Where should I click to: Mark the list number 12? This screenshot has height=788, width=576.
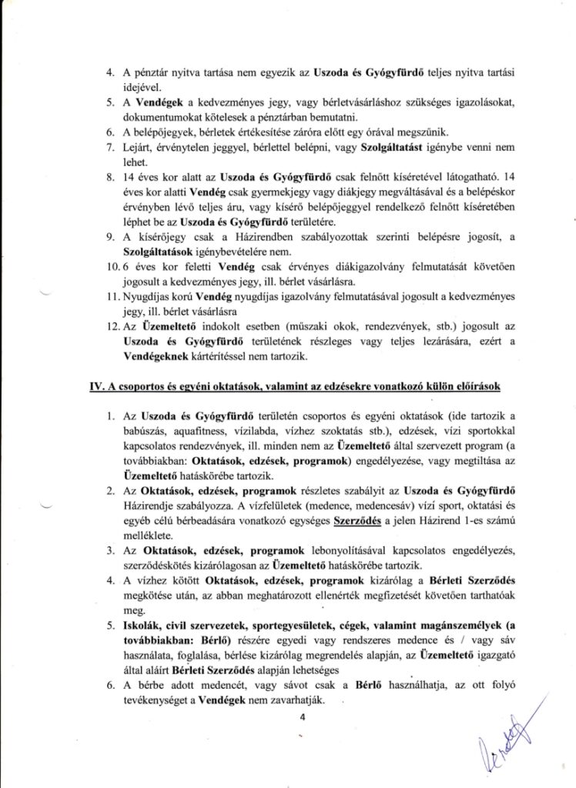tap(113, 328)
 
